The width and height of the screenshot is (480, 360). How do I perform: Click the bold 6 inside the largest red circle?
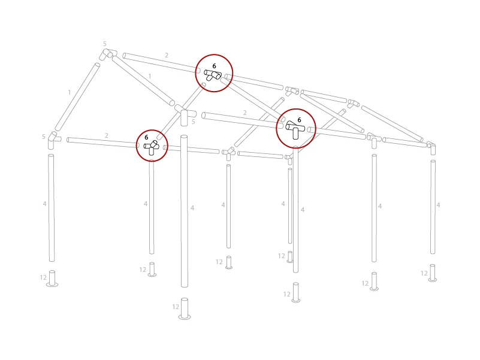[x=299, y=120]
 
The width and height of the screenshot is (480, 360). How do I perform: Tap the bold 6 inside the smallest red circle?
[x=146, y=137]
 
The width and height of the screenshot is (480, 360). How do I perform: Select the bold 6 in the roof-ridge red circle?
[x=215, y=66]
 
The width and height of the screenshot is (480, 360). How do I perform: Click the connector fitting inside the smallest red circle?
[x=151, y=147]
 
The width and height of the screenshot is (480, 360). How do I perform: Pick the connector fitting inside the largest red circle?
[x=295, y=130]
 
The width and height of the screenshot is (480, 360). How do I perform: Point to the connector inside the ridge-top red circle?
[x=213, y=75]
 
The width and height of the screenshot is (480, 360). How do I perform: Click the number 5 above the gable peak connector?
[x=105, y=44]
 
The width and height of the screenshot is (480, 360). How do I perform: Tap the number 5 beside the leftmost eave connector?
[x=44, y=137]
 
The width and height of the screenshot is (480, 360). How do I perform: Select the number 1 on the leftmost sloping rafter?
[x=70, y=92]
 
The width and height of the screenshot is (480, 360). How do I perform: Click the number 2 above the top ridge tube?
[x=167, y=56]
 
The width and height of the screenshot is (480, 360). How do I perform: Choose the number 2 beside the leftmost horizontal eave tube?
[x=107, y=135]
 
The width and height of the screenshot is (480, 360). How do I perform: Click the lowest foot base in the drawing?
[x=185, y=308]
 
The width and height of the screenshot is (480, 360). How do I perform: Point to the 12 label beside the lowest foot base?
[x=176, y=307]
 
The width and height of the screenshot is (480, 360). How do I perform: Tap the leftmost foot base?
[x=52, y=279]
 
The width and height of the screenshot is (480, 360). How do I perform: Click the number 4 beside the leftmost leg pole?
[x=45, y=204]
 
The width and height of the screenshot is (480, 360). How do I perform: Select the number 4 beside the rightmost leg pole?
[x=438, y=205]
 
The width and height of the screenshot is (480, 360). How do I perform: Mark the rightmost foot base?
[x=432, y=273]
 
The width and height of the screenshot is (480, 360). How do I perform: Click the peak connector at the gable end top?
[x=108, y=54]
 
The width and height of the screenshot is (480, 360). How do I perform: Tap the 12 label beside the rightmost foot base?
[x=424, y=273]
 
